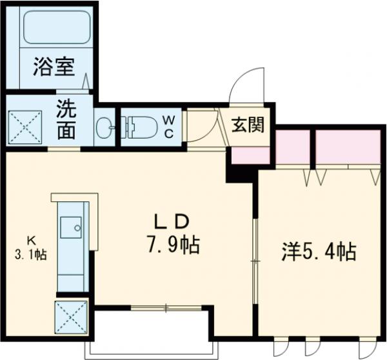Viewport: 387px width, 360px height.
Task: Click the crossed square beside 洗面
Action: pyautogui.click(x=24, y=126)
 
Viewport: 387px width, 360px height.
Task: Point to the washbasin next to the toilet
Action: pyautogui.click(x=104, y=126)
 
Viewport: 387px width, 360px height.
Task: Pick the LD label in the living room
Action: pyautogui.click(x=172, y=221)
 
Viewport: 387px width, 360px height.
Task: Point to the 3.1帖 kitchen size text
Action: pyautogui.click(x=30, y=254)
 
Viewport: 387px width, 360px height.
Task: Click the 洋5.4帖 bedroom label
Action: pyautogui.click(x=319, y=251)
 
